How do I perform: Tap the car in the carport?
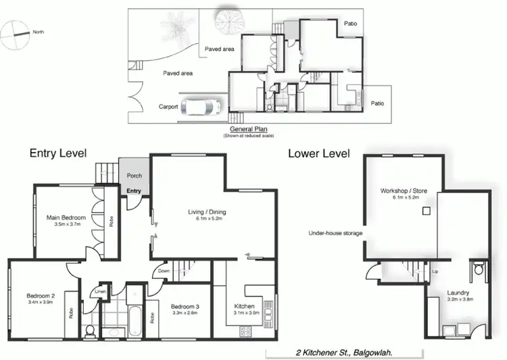click(202, 107)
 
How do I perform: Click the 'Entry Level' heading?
click(58, 153)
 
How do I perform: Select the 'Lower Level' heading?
click(318, 153)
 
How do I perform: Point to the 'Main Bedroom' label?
click(66, 217)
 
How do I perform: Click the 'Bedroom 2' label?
click(41, 296)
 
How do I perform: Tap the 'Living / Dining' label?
click(207, 212)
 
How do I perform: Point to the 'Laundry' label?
click(458, 293)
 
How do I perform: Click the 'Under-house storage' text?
click(335, 233)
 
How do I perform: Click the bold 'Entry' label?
click(134, 191)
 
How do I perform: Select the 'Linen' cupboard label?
click(100, 291)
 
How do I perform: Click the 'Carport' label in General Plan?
click(168, 107)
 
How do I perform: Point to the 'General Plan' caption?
click(250, 130)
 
